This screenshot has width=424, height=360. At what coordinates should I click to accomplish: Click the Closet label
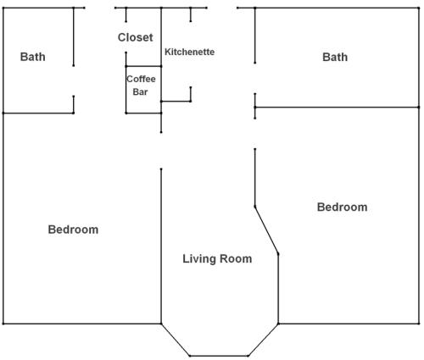point(135,37)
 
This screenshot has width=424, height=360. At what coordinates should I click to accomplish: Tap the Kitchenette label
point(189,52)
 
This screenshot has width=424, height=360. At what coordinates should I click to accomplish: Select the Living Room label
point(217,258)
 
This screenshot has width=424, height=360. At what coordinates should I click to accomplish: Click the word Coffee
point(141,79)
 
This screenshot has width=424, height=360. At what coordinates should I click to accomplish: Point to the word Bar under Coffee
point(140,91)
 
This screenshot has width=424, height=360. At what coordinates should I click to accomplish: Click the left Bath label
point(32,57)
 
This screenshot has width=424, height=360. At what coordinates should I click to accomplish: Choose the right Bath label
point(335,57)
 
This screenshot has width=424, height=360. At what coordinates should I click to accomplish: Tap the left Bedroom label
point(73,230)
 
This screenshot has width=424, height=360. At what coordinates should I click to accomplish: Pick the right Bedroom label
point(342,207)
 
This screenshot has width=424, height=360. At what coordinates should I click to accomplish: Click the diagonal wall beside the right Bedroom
point(266,230)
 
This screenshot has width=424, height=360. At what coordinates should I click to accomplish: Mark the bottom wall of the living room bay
point(219,356)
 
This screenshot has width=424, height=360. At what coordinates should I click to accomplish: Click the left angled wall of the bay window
point(176,340)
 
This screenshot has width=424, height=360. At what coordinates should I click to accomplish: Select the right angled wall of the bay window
point(263,340)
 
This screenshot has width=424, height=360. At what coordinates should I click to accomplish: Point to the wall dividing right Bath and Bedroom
point(337,108)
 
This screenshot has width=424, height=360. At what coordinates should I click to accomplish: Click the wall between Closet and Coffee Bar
point(143,66)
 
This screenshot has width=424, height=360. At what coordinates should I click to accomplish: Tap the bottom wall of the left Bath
point(38,113)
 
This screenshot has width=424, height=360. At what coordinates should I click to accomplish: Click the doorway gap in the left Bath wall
point(74,80)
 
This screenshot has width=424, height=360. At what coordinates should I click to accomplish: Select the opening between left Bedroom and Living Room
point(161,151)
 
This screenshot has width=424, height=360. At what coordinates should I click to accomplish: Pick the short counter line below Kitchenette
point(176,101)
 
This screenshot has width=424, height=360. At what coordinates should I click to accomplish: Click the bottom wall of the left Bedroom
point(82,324)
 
